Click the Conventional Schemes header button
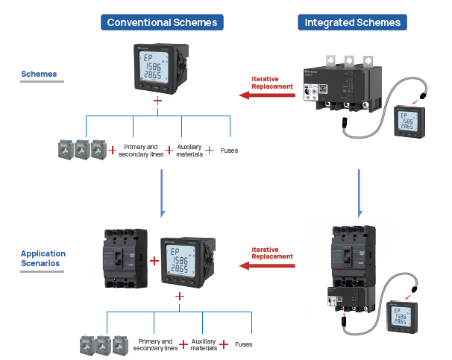pos(163,22)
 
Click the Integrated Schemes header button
pos(352,22)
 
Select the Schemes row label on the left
pos(39,75)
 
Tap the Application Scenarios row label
pos(43,259)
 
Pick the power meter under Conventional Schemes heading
pos(158,69)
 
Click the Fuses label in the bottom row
pos(243,344)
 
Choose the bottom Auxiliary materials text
pos(204,344)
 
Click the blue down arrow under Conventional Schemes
pos(163,192)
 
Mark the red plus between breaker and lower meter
pos(154,261)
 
